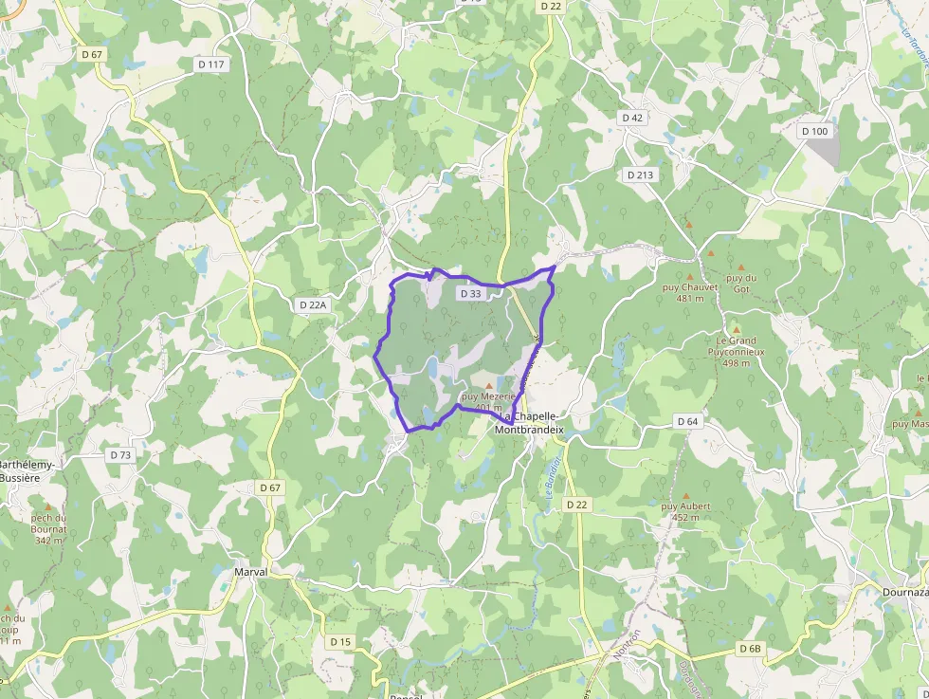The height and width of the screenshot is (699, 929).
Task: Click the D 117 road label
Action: click(212, 64)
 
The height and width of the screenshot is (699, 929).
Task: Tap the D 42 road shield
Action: click(632, 118)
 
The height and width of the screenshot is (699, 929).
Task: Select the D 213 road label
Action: click(640, 175)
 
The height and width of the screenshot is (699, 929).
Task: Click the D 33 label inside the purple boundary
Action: click(470, 294)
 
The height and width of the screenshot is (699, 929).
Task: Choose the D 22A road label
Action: click(312, 305)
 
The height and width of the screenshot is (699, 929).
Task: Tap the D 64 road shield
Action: click(687, 420)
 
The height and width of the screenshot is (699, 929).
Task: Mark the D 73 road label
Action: click(120, 455)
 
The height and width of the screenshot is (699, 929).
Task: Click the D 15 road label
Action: click(340, 642)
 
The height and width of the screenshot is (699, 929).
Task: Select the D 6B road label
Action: click(750, 648)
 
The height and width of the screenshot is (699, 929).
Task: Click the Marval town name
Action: click(251, 572)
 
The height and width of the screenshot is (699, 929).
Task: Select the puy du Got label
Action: click(741, 282)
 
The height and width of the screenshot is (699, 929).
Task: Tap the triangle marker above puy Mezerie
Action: click(489, 385)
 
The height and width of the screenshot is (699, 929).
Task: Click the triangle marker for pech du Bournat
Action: click(47, 507)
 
